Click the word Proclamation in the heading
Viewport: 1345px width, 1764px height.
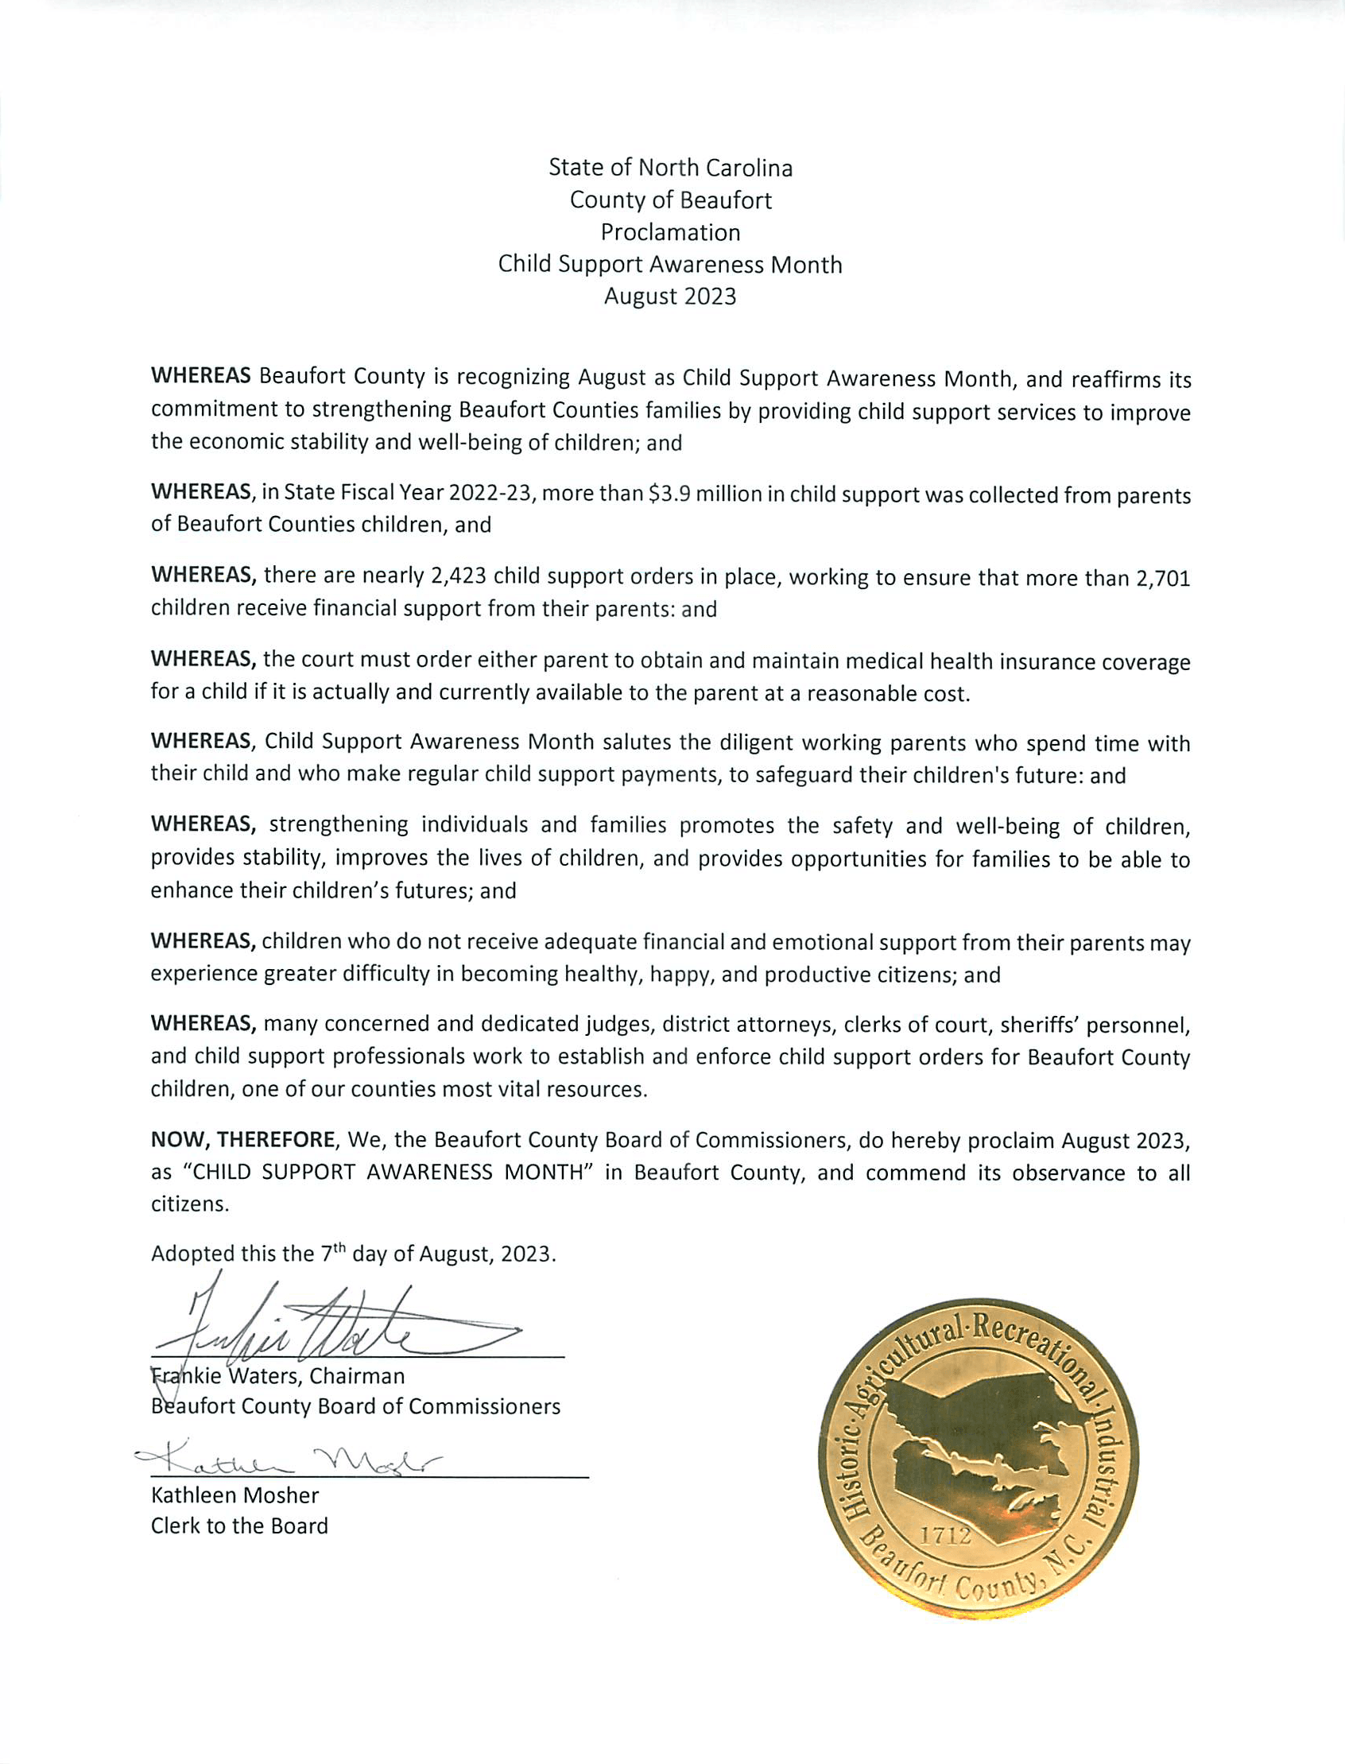point(670,232)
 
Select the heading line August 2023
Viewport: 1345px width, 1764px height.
point(670,297)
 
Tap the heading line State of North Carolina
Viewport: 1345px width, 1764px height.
point(670,168)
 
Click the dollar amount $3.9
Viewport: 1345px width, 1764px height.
point(669,494)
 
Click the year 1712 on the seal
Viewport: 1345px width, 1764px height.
point(946,1535)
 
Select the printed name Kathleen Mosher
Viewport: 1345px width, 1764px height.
point(235,1496)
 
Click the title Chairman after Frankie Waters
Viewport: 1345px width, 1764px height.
point(357,1375)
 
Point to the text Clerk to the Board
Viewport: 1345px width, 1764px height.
point(239,1526)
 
